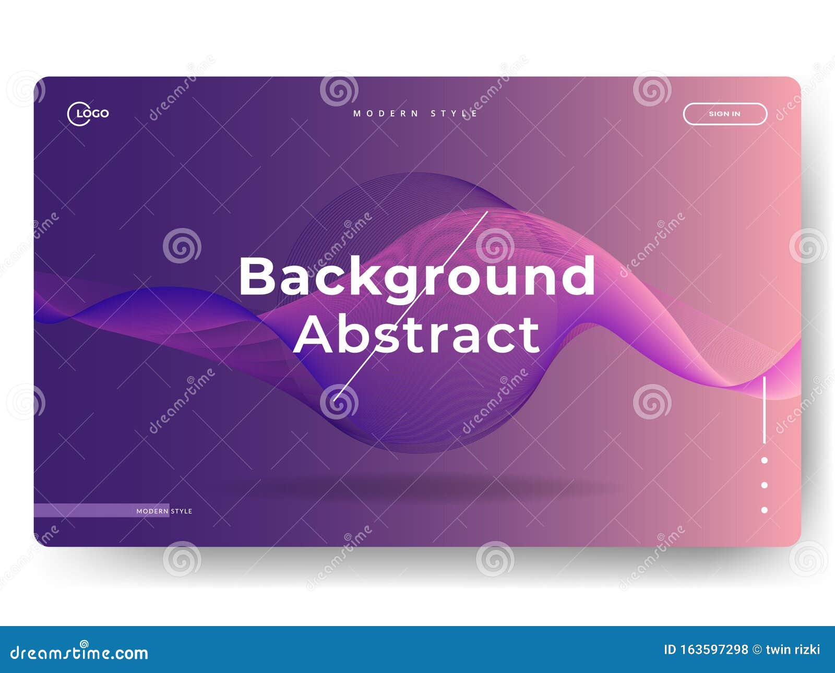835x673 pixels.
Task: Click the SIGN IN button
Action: point(724,114)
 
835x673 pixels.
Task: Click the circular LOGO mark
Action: point(88,114)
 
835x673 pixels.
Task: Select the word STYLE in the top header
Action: point(454,113)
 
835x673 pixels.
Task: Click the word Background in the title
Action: point(416,277)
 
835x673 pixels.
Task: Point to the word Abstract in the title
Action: point(416,334)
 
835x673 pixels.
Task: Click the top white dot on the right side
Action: point(764,460)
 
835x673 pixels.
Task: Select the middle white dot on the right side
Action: point(764,485)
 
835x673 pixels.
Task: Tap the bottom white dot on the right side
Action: point(764,510)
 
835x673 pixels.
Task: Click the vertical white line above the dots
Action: point(764,410)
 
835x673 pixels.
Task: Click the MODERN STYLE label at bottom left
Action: point(164,511)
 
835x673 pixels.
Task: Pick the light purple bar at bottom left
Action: point(83,510)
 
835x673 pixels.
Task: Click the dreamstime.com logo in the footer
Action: point(79,652)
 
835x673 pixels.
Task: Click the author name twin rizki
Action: point(793,650)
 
